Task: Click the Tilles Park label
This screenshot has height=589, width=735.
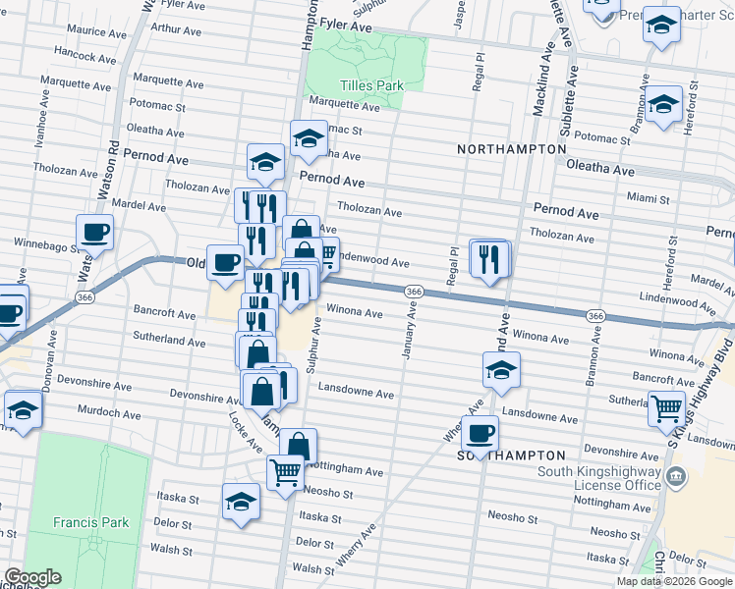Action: click(x=370, y=85)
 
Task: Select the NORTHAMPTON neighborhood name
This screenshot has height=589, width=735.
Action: click(x=511, y=148)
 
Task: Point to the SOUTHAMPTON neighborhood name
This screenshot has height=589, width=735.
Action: click(x=511, y=455)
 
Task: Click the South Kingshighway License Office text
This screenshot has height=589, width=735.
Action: click(x=598, y=478)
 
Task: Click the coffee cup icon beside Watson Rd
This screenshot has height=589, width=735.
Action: click(x=94, y=233)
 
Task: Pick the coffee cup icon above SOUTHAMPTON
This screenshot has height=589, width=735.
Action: click(x=480, y=432)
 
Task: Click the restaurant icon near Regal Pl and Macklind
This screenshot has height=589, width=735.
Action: click(x=489, y=259)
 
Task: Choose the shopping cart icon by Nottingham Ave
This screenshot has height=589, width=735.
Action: click(x=285, y=473)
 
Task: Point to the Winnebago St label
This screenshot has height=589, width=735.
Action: click(x=45, y=242)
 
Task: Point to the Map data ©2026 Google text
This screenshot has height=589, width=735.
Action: click(x=673, y=581)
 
